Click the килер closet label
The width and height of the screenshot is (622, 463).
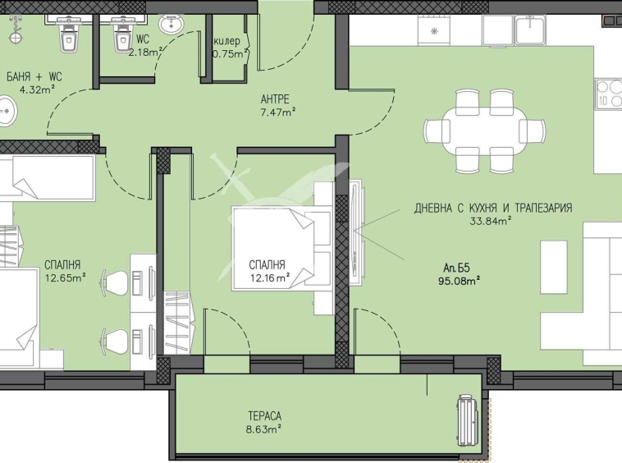pyautogui.click(x=226, y=41)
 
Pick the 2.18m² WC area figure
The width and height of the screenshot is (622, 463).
pyautogui.click(x=145, y=53)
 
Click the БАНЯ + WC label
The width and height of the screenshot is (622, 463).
pyautogui.click(x=34, y=76)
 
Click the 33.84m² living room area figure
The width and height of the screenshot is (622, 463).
pyautogui.click(x=492, y=220)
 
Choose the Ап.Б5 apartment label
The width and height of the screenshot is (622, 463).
pyautogui.click(x=457, y=267)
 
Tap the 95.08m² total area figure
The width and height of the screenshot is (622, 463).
pyautogui.click(x=459, y=280)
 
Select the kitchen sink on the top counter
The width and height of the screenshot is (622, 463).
pyautogui.click(x=531, y=31)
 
